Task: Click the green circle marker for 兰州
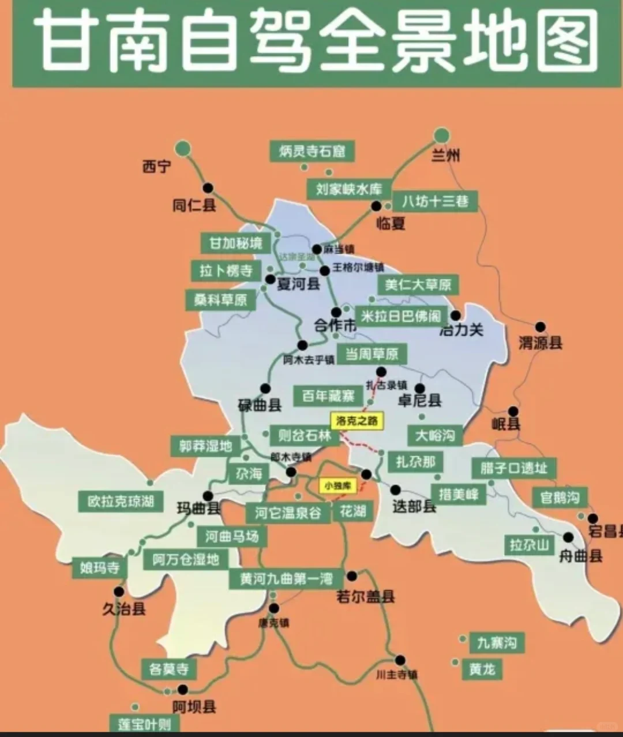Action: [441, 136]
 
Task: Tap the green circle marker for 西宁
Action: [183, 148]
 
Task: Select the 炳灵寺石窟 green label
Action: [312, 151]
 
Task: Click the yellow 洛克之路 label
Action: [357, 420]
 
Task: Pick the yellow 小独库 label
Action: [337, 486]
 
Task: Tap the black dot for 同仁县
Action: [208, 187]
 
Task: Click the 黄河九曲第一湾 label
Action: [287, 578]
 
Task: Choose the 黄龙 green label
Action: [482, 669]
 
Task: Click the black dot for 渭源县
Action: [540, 327]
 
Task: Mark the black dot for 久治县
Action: [119, 592]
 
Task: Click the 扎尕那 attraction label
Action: [415, 461]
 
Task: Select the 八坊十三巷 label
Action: [436, 201]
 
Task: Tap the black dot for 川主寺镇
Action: [400, 660]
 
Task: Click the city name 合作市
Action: [335, 325]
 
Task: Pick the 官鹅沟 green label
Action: [560, 497]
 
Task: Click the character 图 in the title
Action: [568, 42]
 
